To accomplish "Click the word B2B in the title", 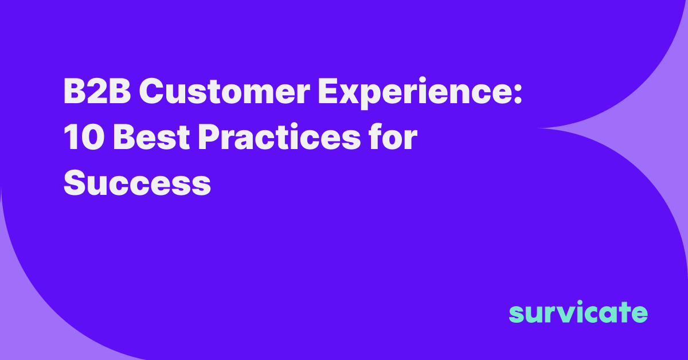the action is click(x=97, y=91).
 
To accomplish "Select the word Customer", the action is click(x=225, y=91).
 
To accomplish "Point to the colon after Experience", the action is click(x=517, y=95).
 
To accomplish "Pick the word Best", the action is click(x=152, y=136).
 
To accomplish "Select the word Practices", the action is click(x=279, y=136).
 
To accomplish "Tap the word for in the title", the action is click(x=393, y=136).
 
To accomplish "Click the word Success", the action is click(x=137, y=182).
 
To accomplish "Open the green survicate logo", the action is click(x=578, y=312).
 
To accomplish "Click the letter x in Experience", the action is click(x=352, y=95).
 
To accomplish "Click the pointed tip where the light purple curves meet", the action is click(x=538, y=128).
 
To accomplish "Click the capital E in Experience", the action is click(x=329, y=91).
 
